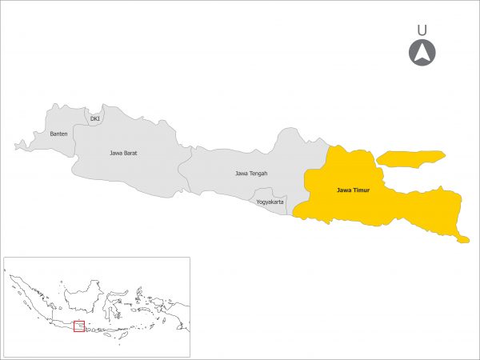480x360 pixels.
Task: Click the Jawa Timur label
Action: click(x=352, y=190)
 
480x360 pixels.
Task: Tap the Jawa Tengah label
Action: click(x=251, y=173)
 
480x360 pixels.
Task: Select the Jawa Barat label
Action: click(x=124, y=152)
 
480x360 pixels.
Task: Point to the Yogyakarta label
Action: click(x=270, y=202)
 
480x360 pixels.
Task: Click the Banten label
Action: click(x=58, y=134)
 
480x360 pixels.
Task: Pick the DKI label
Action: click(x=95, y=119)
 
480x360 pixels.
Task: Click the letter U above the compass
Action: click(x=422, y=30)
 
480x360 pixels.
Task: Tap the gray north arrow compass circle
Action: click(x=422, y=54)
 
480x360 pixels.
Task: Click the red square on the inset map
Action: click(x=78, y=326)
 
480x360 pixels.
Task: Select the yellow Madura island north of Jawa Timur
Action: click(x=410, y=158)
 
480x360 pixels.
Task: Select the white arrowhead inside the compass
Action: click(x=422, y=54)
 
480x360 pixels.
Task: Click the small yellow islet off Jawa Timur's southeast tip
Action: click(x=462, y=238)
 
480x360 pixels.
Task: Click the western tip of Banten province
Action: click(x=17, y=146)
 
